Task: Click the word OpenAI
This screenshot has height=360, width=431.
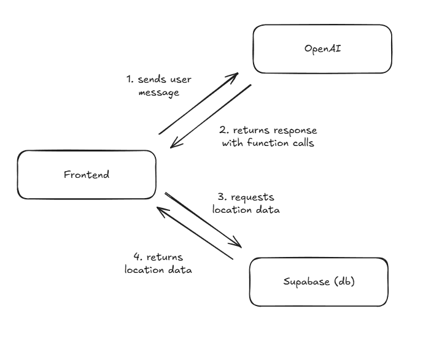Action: pyautogui.click(x=322, y=48)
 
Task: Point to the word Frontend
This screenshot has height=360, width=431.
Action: pyautogui.click(x=87, y=174)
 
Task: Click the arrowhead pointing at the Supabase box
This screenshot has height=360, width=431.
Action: pyautogui.click(x=238, y=244)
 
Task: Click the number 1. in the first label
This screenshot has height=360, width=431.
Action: pyautogui.click(x=130, y=80)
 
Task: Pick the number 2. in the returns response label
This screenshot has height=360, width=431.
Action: pyautogui.click(x=223, y=131)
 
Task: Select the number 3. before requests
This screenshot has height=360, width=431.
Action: pyautogui.click(x=220, y=197)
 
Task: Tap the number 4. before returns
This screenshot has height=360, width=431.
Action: pyautogui.click(x=138, y=257)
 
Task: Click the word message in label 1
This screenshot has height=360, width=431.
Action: pyautogui.click(x=158, y=93)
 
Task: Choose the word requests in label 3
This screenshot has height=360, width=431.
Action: pyautogui.click(x=252, y=197)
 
